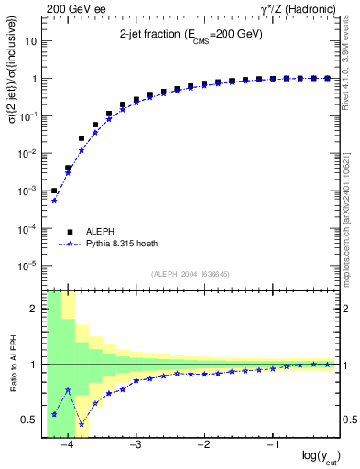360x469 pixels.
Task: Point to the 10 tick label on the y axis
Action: (32, 41)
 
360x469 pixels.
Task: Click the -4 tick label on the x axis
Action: (67, 445)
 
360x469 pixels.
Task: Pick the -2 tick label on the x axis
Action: (203, 445)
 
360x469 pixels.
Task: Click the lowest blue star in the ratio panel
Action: (81, 424)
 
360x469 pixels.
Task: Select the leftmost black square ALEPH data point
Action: (54, 191)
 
